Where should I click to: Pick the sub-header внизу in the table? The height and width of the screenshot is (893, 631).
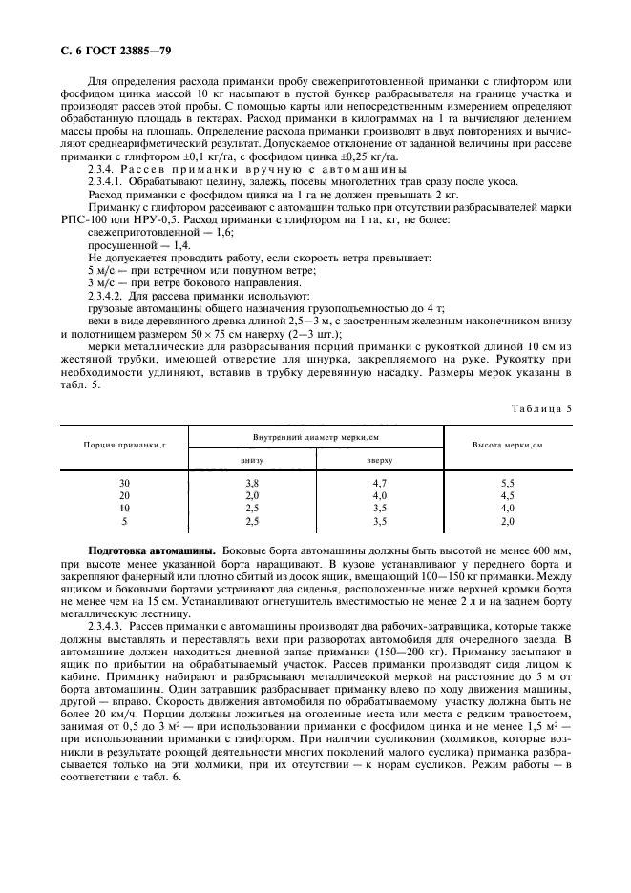coord(252,459)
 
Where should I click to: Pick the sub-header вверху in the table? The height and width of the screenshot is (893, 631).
coord(379,459)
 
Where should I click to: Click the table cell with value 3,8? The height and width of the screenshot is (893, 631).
coord(252,484)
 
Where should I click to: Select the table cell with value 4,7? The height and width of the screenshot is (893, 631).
coord(379,484)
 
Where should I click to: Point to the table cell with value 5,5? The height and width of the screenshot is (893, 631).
coord(507,484)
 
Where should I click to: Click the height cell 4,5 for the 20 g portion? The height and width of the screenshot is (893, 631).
coord(507,496)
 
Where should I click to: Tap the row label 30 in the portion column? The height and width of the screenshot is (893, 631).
coord(124,484)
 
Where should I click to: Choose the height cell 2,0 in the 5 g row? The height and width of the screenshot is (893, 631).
coord(507,522)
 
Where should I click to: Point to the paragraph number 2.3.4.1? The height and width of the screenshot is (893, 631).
coord(113,182)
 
